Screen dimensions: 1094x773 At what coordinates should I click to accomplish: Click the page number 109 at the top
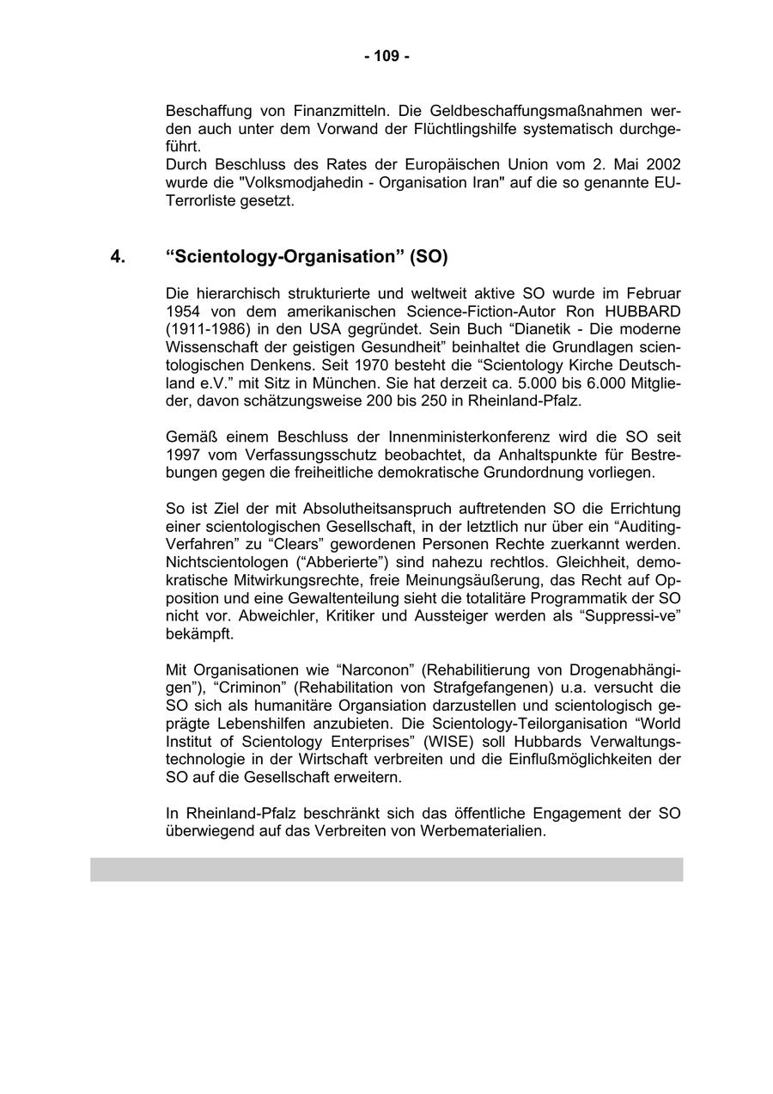click(x=386, y=57)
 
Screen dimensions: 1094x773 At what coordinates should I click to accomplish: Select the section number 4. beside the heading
click(x=118, y=257)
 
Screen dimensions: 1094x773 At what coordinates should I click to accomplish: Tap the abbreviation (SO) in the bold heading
click(x=429, y=257)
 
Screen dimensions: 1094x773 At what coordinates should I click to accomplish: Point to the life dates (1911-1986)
click(x=205, y=329)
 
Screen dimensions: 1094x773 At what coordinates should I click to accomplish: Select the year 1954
click(x=183, y=311)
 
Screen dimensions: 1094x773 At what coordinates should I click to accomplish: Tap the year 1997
click(x=183, y=455)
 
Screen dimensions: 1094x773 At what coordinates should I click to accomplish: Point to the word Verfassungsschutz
click(x=289, y=455)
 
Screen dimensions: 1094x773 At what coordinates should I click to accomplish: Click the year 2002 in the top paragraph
click(x=663, y=164)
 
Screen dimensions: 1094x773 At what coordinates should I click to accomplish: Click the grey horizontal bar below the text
click(x=386, y=869)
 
